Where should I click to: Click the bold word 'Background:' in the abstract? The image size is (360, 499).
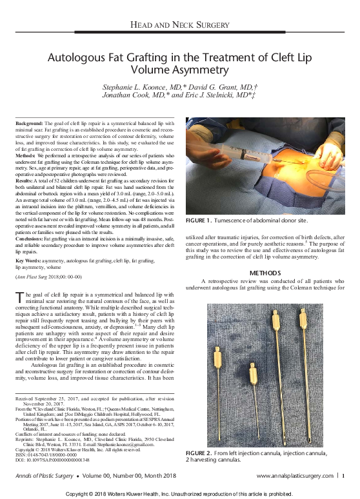pos(30,122)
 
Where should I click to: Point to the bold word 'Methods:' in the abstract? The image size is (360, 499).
pos(26,155)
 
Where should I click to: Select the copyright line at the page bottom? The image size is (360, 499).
pos(180,494)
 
